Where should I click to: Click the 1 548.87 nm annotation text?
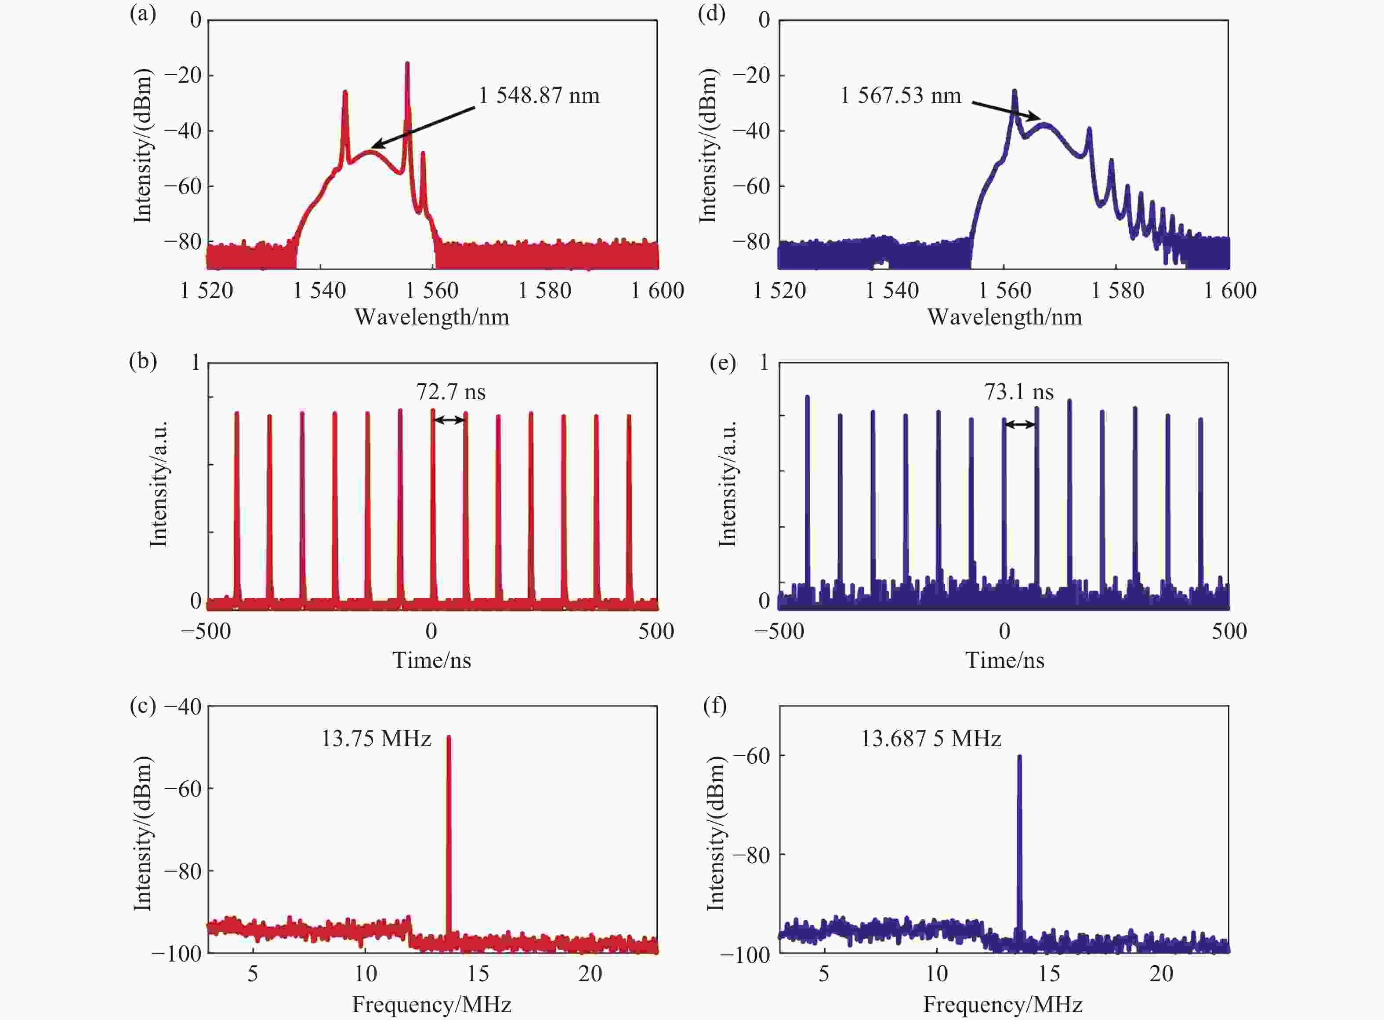[x=539, y=96]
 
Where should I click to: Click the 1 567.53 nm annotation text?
[x=900, y=96]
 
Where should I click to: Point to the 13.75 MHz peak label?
[x=376, y=739]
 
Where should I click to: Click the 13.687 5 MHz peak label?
[x=931, y=739]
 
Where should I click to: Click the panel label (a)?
[x=142, y=14]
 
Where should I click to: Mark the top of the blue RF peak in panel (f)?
[x=1019, y=756]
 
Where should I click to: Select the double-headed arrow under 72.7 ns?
[x=449, y=420]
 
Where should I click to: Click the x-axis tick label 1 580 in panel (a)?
[x=544, y=291]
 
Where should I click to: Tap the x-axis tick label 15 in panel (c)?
[x=478, y=974]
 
